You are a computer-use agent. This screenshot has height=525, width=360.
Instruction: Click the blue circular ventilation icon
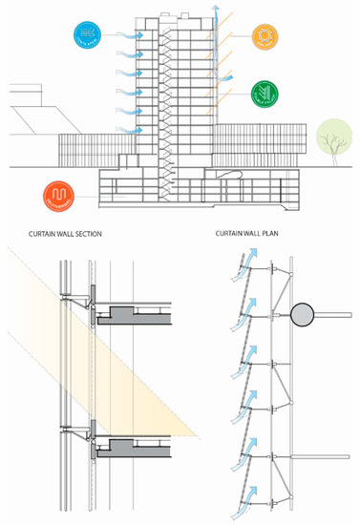click(x=87, y=35)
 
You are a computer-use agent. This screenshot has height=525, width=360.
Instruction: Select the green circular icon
click(x=265, y=95)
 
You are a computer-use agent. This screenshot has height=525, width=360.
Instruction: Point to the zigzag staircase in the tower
click(x=169, y=105)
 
